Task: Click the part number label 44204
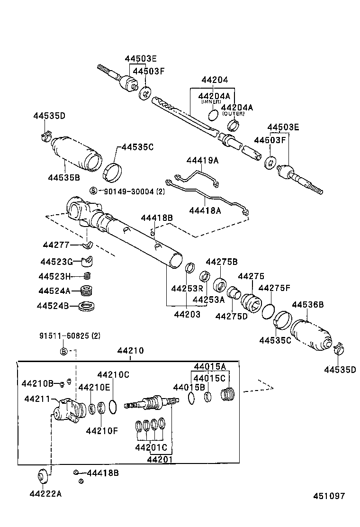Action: [215, 81]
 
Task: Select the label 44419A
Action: [202, 161]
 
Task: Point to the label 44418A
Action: [205, 210]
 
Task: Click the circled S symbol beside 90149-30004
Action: [93, 191]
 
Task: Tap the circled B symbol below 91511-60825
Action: [64, 351]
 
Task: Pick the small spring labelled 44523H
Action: [87, 276]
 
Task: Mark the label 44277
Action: [56, 245]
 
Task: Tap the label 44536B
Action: [308, 305]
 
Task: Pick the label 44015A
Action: [210, 366]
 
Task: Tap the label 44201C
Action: [151, 447]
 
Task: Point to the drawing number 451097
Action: [328, 496]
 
